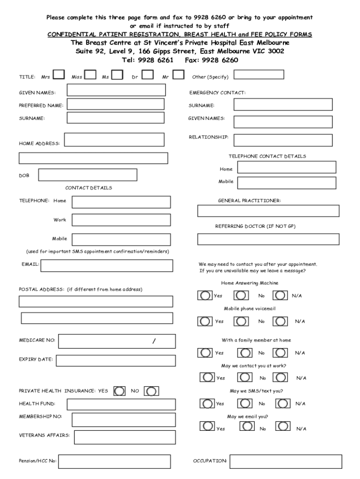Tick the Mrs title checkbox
[59, 75]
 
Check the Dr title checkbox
[148, 75]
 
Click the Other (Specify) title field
[259, 75]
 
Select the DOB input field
[87, 175]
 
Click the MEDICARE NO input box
[117, 341]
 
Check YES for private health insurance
[120, 390]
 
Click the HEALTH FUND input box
[122, 404]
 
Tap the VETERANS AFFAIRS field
[125, 437]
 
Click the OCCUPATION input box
[283, 462]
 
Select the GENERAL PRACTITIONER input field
[268, 211]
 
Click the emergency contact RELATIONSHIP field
[283, 140]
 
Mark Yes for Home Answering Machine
[205, 296]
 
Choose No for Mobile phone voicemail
[241, 321]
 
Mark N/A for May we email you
[282, 426]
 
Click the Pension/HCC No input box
[117, 462]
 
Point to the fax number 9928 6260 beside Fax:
[220, 60]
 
